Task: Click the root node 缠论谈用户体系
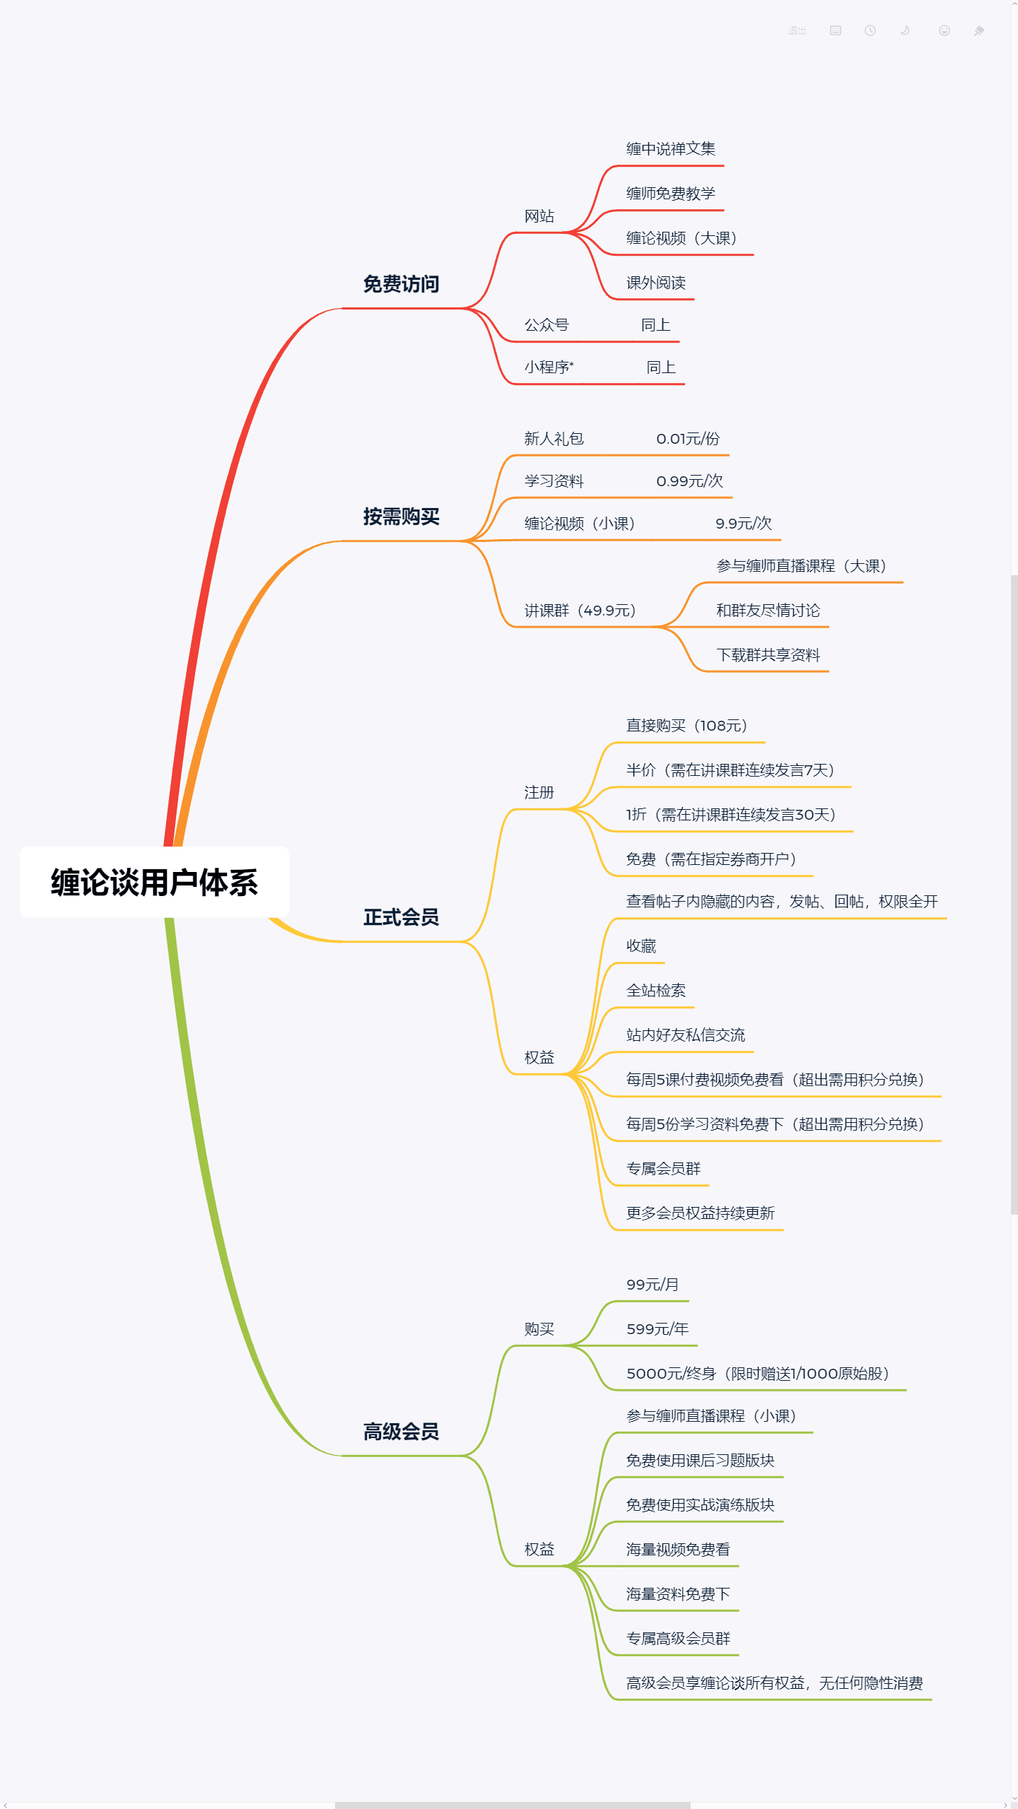point(154,883)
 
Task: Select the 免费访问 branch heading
point(401,284)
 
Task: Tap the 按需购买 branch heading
point(401,517)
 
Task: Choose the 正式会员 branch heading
point(401,917)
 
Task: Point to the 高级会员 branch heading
point(401,1432)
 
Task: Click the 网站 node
point(539,216)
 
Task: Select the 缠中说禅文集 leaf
point(670,149)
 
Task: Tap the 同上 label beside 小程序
point(660,367)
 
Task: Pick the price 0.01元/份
point(687,439)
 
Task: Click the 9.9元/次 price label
point(743,524)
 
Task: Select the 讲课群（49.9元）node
point(580,611)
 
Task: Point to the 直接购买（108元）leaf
point(686,726)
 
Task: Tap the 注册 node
point(539,793)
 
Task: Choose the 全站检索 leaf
point(655,991)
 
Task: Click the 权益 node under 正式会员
point(539,1058)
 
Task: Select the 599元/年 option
point(657,1329)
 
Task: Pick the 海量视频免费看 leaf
point(677,1550)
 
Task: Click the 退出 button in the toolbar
point(797,31)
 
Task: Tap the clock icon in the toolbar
point(870,31)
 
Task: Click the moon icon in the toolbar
point(905,31)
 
